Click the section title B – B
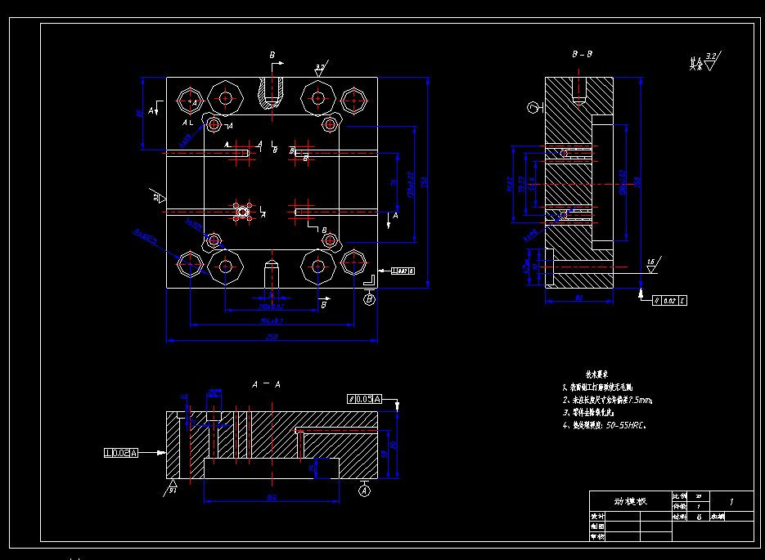pyautogui.click(x=583, y=54)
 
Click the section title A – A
pyautogui.click(x=267, y=383)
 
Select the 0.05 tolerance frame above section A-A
pyautogui.click(x=365, y=399)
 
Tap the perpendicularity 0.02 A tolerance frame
pyautogui.click(x=121, y=452)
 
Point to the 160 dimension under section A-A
pyautogui.click(x=269, y=497)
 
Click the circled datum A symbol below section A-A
pyautogui.click(x=365, y=491)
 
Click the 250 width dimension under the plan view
pyautogui.click(x=272, y=337)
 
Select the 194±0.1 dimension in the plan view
pyautogui.click(x=272, y=320)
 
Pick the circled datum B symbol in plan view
pyautogui.click(x=369, y=299)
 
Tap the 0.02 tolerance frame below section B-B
pyautogui.click(x=669, y=300)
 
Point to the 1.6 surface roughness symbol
pyautogui.click(x=651, y=264)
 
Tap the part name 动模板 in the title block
pyautogui.click(x=630, y=500)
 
